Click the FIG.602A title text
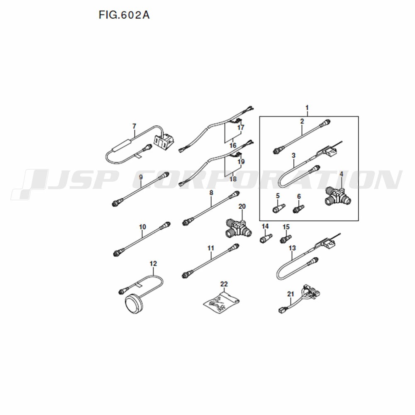click(124, 15)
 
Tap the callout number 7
click(134, 126)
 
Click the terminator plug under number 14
click(266, 238)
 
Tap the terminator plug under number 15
click(286, 239)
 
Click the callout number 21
click(290, 294)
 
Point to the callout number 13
click(292, 248)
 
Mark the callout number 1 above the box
click(307, 108)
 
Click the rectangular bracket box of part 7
click(164, 141)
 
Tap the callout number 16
click(233, 145)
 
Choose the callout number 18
click(233, 179)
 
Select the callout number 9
click(141, 177)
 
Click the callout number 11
click(211, 248)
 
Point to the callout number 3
click(293, 155)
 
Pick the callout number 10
click(142, 227)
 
